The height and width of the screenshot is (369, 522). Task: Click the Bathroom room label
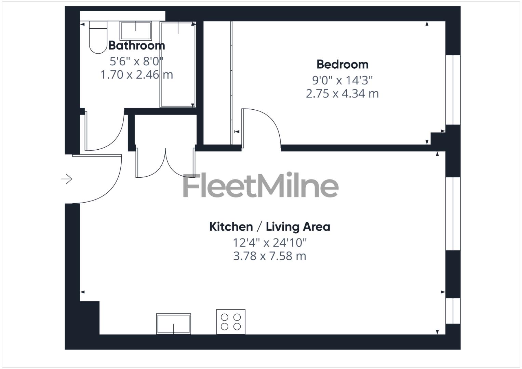coord(136,45)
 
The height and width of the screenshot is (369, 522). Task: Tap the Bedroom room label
coord(342,64)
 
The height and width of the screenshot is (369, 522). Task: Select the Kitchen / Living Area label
coord(269,227)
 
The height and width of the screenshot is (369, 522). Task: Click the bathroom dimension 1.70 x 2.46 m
coord(136,74)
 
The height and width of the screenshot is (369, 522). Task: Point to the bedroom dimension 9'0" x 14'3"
coord(342,80)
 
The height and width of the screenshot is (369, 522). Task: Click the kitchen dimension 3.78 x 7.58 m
coord(269,256)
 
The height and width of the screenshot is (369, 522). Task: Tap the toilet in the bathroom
coord(98,38)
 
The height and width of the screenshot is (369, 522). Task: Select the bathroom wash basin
coord(135,31)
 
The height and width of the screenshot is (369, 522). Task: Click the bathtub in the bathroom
coord(178,65)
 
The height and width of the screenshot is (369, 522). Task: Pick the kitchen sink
coord(173,324)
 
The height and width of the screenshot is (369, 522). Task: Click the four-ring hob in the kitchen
coord(231,322)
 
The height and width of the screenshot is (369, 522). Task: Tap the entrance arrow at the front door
coord(67,179)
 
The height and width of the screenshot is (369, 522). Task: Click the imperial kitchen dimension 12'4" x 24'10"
coord(269,243)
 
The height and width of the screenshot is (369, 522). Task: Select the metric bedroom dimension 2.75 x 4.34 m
coord(342,94)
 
